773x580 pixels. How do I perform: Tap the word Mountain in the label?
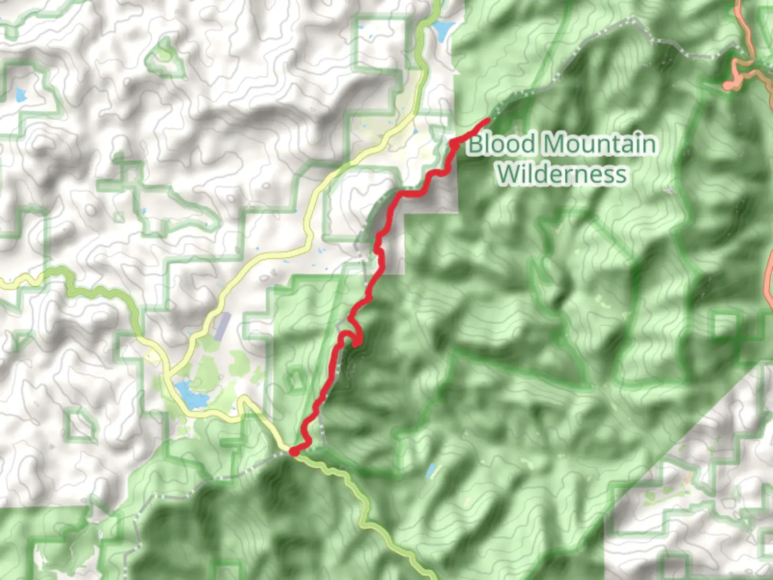(599, 144)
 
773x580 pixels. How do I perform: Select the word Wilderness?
(561, 173)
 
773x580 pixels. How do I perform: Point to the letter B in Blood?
(475, 144)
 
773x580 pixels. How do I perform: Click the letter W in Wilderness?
(507, 173)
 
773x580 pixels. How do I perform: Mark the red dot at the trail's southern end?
(294, 452)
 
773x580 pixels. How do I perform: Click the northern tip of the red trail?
(487, 119)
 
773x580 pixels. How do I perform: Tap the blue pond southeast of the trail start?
(431, 472)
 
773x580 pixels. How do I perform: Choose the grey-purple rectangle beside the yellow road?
(222, 326)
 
